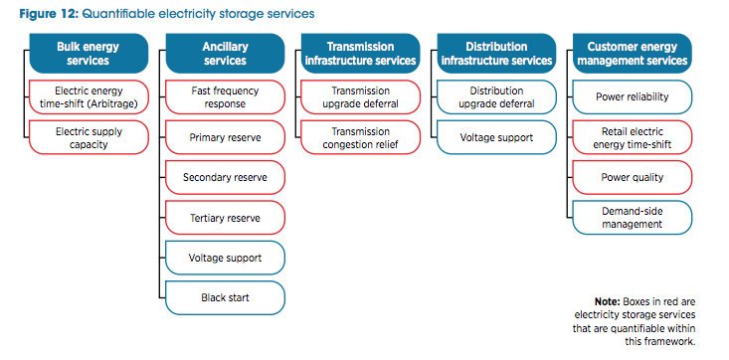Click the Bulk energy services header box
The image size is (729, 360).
click(x=89, y=53)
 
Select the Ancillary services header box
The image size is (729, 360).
click(x=224, y=53)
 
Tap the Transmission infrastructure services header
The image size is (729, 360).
click(x=359, y=53)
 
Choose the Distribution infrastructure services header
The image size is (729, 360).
click(x=495, y=53)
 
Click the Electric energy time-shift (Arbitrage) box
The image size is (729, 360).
click(x=89, y=96)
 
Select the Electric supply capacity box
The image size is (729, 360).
click(x=89, y=137)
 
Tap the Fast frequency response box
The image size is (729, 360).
click(x=224, y=96)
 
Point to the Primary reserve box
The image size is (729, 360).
click(x=224, y=137)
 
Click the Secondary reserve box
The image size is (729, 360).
click(x=224, y=177)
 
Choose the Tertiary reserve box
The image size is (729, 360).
click(x=224, y=217)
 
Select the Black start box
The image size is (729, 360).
click(x=224, y=296)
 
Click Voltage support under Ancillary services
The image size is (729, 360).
click(x=224, y=257)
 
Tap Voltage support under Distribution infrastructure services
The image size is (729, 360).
click(x=495, y=137)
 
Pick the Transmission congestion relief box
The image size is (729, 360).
click(x=359, y=137)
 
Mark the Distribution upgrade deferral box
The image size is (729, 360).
click(x=495, y=96)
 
